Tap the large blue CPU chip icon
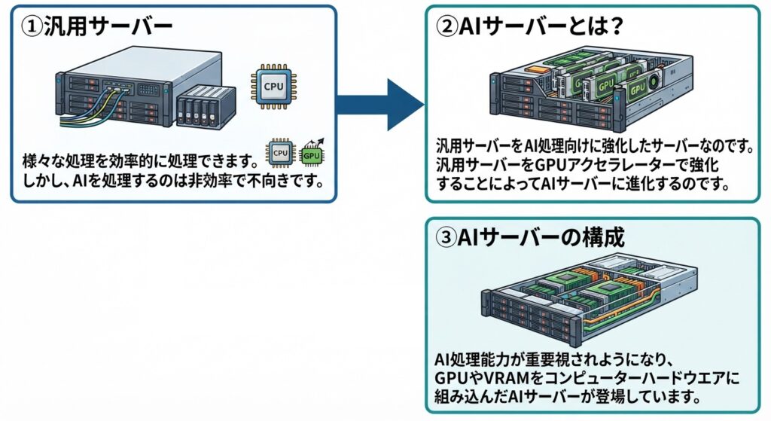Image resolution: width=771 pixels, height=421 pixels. (x=273, y=87)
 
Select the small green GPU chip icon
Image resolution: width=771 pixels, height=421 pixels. (x=312, y=154)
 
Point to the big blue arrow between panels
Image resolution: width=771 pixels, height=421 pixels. (x=380, y=104)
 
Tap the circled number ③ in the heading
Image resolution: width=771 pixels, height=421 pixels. (x=446, y=237)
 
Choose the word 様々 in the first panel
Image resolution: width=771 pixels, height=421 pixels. (x=38, y=161)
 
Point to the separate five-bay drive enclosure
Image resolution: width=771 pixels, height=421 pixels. (x=206, y=107)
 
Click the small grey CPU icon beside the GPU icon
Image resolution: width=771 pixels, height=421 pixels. (x=280, y=153)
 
